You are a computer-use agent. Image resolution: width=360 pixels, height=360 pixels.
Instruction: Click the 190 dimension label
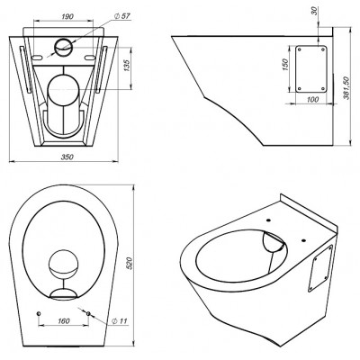(67, 16)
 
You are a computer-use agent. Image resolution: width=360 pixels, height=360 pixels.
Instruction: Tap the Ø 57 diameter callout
(122, 16)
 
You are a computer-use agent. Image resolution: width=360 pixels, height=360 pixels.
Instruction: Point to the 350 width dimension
(67, 157)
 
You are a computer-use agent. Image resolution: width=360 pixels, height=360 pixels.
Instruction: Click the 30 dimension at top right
(314, 11)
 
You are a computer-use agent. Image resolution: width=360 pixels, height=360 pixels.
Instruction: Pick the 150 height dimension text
(285, 65)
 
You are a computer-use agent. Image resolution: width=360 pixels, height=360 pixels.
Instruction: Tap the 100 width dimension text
(313, 99)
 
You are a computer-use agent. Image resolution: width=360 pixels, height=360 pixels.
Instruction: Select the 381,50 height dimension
(346, 88)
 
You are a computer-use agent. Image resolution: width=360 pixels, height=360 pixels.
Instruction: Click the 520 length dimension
(130, 263)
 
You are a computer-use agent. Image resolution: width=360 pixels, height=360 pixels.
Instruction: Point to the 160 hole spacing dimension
(64, 321)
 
